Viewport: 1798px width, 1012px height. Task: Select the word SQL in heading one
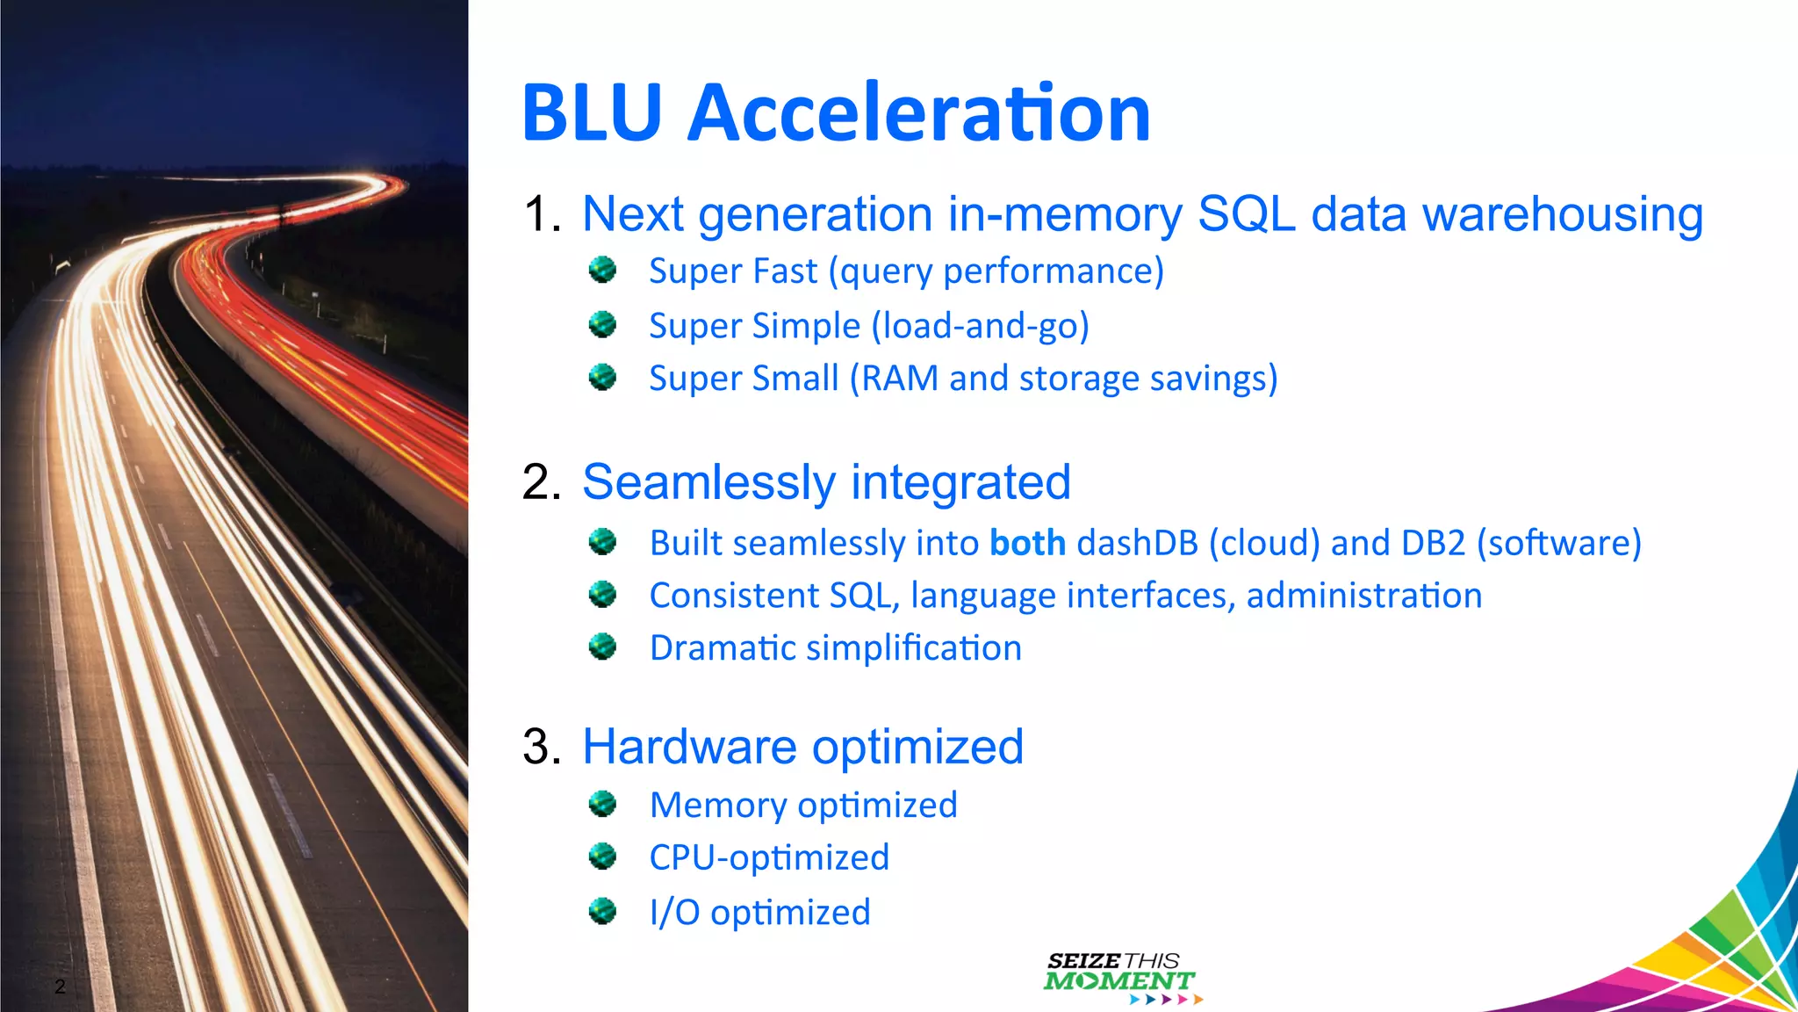1246,214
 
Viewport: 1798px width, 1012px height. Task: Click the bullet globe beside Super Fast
602,270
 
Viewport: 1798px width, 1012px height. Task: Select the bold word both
1027,543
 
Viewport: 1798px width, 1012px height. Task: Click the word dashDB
1137,543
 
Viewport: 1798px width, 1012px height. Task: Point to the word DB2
1433,543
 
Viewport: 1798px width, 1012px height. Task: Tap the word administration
1363,596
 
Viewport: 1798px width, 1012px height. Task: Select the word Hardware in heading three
689,747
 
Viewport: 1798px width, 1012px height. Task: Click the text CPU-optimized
769,857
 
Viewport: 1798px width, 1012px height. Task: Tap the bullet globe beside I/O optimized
602,911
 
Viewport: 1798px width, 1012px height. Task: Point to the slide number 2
60,986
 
